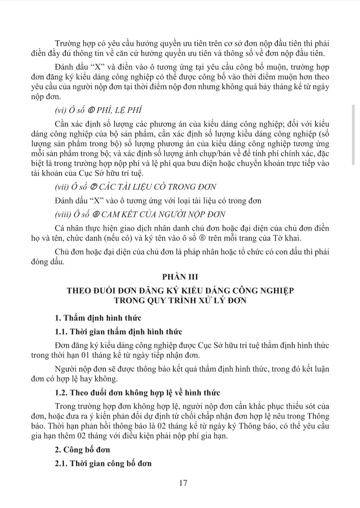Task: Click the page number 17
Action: pyautogui.click(x=183, y=483)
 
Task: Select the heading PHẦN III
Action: pyautogui.click(x=180, y=277)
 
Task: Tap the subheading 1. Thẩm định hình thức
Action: pyautogui.click(x=98, y=318)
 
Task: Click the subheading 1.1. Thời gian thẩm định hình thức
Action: pyautogui.click(x=118, y=332)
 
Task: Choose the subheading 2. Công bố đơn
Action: pyautogui.click(x=82, y=450)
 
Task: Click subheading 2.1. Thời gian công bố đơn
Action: pyautogui.click(x=103, y=463)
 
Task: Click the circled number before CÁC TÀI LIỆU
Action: pyautogui.click(x=94, y=187)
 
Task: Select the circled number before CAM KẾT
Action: pyautogui.click(x=96, y=214)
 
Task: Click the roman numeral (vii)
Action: pyautogui.click(x=62, y=187)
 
